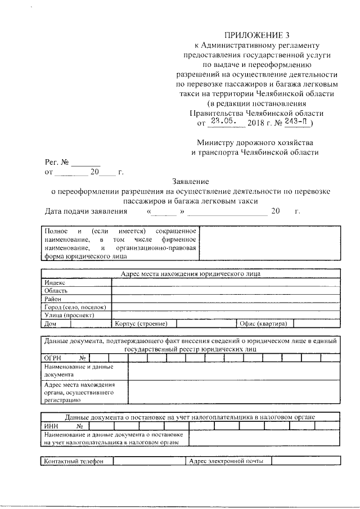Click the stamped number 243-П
tap(298, 120)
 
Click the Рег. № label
tap(57, 162)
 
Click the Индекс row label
tap(55, 282)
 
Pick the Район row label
tap(53, 299)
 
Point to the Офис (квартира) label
tap(264, 324)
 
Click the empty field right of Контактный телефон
tap(148, 462)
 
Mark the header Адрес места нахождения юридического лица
tap(191, 274)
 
